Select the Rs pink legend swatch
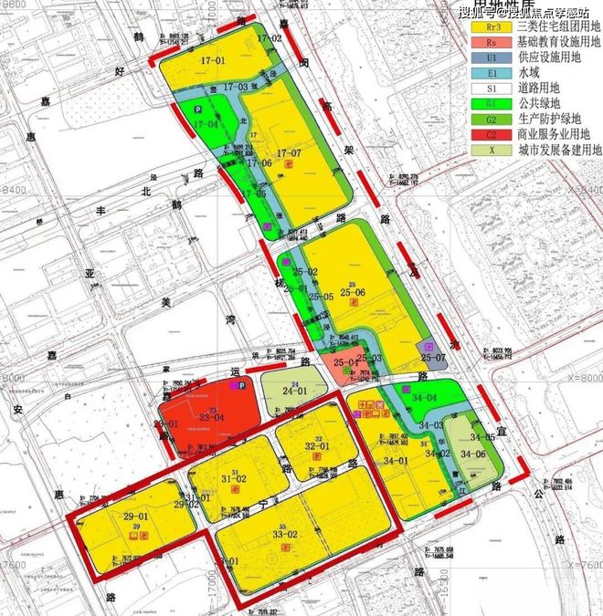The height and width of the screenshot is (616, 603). (490, 42)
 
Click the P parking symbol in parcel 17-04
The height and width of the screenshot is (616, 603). (196, 109)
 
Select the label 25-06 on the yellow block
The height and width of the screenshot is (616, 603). (352, 292)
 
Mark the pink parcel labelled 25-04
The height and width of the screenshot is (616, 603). (345, 363)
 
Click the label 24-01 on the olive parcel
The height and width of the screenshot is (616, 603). (293, 391)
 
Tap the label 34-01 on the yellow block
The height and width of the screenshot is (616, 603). (395, 461)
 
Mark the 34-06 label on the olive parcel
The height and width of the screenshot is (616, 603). (473, 454)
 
